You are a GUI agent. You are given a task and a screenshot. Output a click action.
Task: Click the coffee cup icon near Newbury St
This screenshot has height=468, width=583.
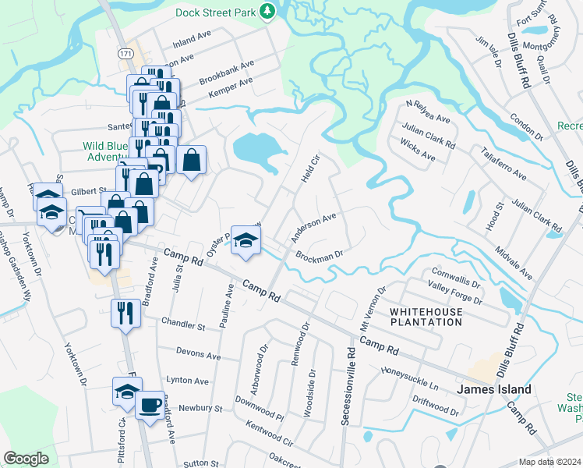point(150,405)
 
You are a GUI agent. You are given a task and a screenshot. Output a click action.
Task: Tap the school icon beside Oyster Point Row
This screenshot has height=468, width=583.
point(246,240)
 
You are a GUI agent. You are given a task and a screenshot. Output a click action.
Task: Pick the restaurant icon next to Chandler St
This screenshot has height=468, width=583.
point(125,313)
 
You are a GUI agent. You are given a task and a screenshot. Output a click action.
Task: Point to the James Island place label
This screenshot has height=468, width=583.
point(494,389)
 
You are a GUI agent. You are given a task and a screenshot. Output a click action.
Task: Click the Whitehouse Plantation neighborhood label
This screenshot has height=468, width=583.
point(426,316)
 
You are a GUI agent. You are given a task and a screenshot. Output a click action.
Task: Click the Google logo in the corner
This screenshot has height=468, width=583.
point(26,459)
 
